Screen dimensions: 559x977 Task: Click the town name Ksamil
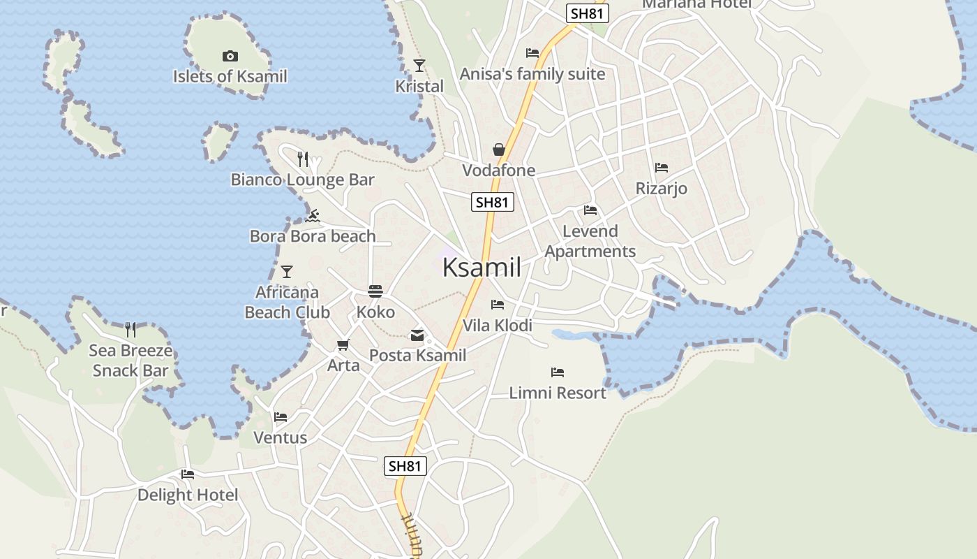482,268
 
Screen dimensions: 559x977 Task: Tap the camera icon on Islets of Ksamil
230,56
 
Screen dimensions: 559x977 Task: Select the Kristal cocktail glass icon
419,66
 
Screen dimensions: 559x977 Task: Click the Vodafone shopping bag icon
499,150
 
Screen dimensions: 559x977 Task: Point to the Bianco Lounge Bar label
302,180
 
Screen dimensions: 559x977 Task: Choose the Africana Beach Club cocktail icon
286,272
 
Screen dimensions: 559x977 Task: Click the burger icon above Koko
375,291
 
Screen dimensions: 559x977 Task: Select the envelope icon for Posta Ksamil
417,335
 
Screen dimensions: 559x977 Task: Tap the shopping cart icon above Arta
343,345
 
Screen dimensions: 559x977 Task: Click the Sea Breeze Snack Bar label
130,360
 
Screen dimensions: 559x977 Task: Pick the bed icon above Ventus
281,417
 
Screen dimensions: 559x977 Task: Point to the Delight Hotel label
187,495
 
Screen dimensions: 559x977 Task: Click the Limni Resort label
558,393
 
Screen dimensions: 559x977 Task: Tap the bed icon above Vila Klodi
498,305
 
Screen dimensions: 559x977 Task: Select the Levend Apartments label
590,241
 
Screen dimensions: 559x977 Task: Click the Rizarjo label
661,188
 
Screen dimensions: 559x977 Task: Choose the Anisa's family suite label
532,74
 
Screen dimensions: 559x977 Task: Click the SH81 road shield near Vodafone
493,203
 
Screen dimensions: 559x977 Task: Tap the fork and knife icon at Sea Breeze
130,330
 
